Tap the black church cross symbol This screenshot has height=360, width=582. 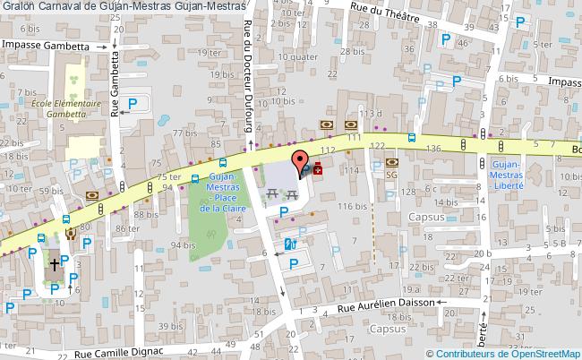(x=56, y=265)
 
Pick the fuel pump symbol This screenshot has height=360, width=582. (x=289, y=244)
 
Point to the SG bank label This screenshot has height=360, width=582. (x=391, y=176)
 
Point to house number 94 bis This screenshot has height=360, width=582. (x=183, y=244)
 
